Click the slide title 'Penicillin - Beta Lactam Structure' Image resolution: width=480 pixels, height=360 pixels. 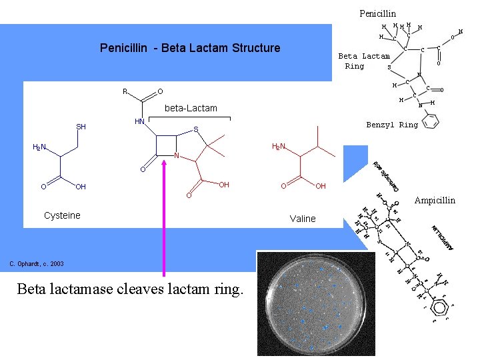190,48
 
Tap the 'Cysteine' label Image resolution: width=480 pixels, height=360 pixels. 62,215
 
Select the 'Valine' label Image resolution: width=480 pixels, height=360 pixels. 303,219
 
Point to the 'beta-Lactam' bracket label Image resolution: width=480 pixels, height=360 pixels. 191,108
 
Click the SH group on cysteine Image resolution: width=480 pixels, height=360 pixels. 81,127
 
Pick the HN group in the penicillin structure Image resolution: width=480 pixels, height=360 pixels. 140,121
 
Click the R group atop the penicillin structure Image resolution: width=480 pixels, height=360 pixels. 125,91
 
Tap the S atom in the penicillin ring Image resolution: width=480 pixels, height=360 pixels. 196,129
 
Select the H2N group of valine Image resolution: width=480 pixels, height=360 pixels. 279,147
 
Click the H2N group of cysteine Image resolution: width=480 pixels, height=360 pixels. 39,147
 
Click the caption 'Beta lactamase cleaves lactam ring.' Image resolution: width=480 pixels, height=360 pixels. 131,289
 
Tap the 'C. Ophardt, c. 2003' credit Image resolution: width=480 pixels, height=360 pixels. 37,264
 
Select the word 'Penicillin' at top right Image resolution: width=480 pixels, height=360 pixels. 377,13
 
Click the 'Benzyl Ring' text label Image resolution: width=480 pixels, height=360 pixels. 392,125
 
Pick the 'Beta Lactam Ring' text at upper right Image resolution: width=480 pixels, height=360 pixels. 363,61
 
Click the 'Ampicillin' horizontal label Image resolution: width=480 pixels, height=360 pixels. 435,200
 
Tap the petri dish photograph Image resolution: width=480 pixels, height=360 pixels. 311,303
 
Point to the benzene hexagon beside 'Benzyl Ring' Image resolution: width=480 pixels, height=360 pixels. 432,121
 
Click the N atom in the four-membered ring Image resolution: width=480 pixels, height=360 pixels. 177,156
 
